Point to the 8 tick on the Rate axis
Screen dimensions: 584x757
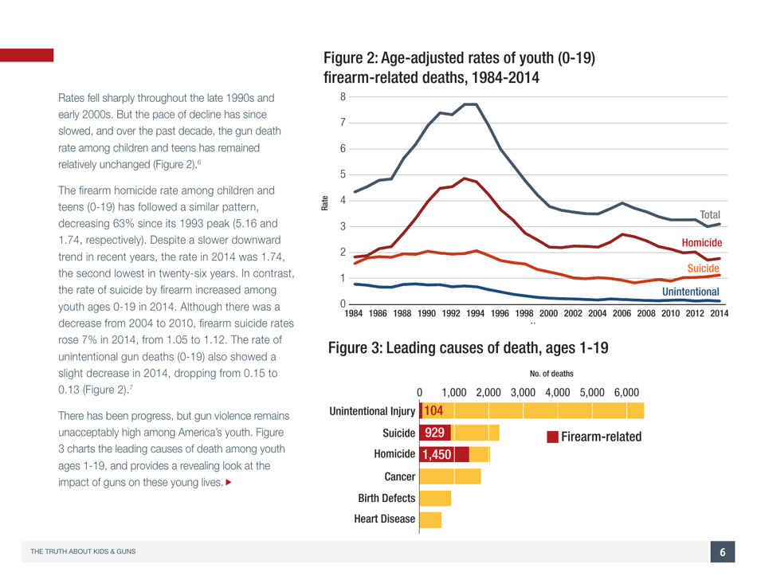(342, 96)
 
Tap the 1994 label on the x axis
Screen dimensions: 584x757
(475, 315)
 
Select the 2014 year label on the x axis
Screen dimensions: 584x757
(718, 315)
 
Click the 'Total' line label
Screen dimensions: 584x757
(711, 215)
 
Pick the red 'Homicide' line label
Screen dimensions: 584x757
(701, 240)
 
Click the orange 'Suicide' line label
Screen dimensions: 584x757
(707, 271)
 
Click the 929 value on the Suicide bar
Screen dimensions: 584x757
(435, 433)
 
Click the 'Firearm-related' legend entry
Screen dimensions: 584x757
(594, 437)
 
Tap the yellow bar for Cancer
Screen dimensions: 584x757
(449, 476)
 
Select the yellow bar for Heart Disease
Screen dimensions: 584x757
(429, 519)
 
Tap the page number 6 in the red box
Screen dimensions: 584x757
(722, 552)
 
